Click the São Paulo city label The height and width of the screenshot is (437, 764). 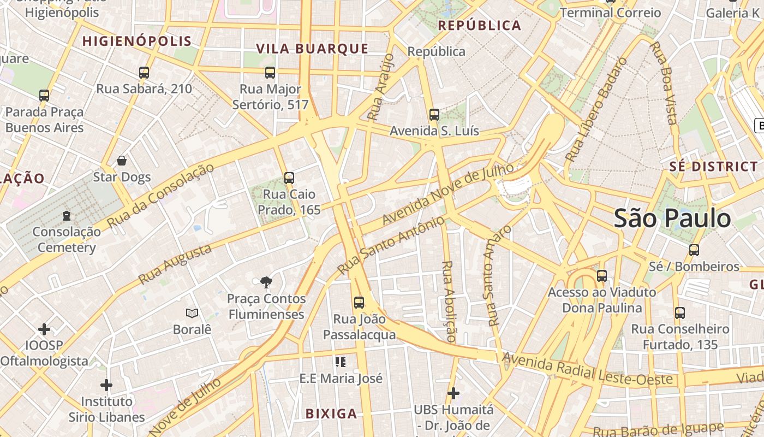coord(672,218)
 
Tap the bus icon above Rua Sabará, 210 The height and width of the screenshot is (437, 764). coord(144,72)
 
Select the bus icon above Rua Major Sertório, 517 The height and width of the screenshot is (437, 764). coord(270,72)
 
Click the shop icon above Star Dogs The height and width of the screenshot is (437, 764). coord(122,161)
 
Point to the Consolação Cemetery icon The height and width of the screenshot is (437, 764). coord(67,215)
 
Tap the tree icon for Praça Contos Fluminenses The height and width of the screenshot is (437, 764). coord(266,282)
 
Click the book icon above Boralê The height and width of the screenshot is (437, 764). coord(192,313)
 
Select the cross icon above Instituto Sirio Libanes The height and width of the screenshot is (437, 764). coord(106,385)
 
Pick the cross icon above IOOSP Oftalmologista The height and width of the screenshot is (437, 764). coord(44,329)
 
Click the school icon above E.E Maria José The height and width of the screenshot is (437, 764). coord(341,362)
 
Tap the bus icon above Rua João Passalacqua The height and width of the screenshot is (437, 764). coord(359,302)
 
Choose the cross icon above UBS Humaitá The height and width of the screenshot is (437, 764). coord(453,393)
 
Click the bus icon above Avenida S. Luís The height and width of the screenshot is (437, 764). coord(434,115)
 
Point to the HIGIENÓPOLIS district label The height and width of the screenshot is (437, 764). coord(137,41)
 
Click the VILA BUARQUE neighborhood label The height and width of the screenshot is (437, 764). coord(312,49)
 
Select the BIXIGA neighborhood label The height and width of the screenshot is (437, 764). coord(331,414)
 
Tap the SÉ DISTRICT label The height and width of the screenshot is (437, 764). coord(713,167)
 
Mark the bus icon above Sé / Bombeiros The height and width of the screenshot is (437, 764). coord(694,250)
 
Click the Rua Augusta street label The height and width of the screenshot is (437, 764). coord(175,264)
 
